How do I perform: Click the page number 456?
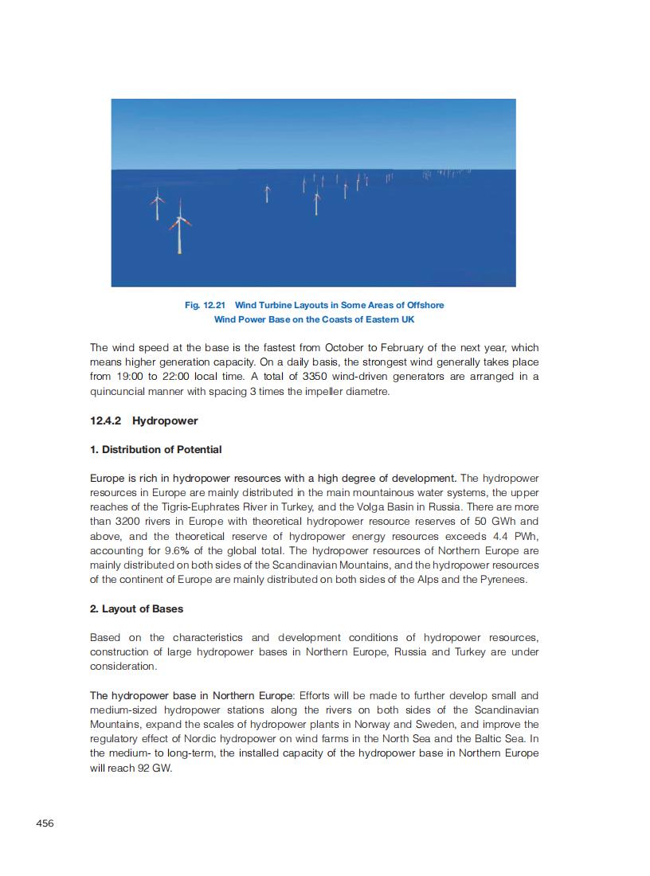pos(45,823)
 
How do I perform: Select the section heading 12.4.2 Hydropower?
pos(143,420)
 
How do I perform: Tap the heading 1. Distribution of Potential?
pos(155,449)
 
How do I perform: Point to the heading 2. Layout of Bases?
pos(136,608)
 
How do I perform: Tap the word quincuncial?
pos(119,391)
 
